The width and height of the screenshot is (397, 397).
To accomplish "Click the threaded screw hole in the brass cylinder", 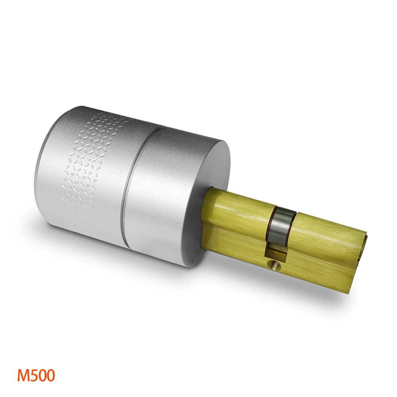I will (x=274, y=263).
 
